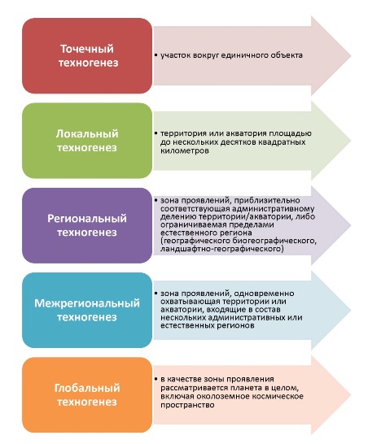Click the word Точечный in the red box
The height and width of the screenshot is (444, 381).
[87, 49]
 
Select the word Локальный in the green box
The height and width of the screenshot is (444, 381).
[87, 133]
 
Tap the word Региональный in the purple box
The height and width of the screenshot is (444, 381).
[87, 219]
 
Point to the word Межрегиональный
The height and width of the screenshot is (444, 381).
[87, 303]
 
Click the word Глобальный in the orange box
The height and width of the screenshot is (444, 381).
[87, 388]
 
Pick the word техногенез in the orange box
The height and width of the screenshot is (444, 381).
[87, 402]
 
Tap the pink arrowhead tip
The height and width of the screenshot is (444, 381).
[351, 56]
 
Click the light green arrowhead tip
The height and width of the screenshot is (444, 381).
[351, 141]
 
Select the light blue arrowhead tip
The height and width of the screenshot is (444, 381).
[351, 310]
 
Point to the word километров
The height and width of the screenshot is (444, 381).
[185, 150]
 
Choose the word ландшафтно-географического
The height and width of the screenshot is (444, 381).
[221, 249]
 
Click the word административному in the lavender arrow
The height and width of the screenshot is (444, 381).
[273, 209]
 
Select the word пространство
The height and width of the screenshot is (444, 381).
[187, 405]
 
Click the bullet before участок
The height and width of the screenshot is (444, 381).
[156, 55]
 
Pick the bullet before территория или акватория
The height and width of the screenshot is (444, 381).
[156, 133]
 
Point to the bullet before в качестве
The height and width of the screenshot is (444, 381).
[156, 379]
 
